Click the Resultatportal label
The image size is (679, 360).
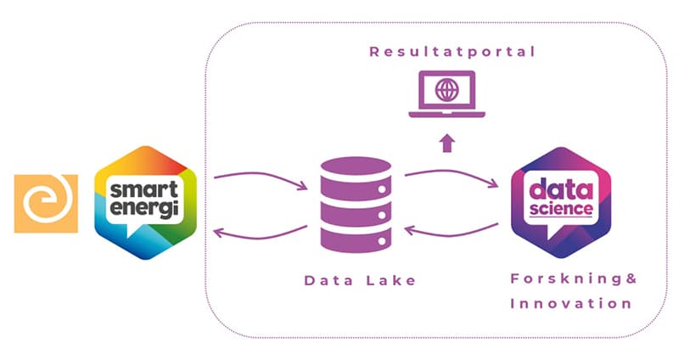coord(452,52)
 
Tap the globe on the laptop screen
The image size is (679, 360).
coord(446,89)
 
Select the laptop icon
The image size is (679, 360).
coord(446,96)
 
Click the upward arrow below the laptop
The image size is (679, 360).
coord(446,141)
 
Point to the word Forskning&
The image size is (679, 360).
coord(573,278)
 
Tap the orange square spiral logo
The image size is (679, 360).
coord(47,203)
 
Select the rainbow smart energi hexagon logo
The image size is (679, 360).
coord(145,202)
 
